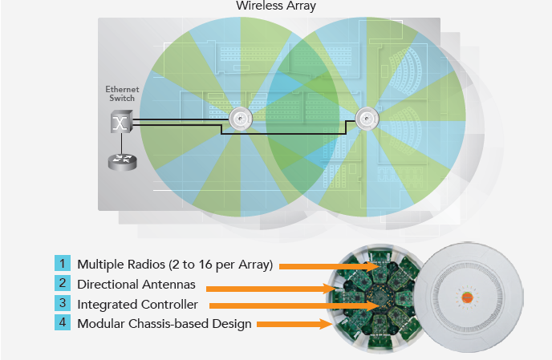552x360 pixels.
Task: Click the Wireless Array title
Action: [x=276, y=6]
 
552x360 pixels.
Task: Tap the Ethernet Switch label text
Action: [x=122, y=94]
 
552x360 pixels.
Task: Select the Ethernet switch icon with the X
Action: [x=122, y=121]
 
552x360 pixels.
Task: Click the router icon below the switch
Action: [x=122, y=162]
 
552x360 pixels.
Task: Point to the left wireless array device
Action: [x=241, y=119]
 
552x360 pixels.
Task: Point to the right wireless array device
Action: [x=367, y=119]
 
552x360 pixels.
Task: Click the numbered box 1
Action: [x=63, y=263]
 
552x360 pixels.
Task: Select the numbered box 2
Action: [x=63, y=283]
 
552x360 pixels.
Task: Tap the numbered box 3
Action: [x=63, y=303]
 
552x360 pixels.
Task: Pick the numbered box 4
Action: [x=63, y=322]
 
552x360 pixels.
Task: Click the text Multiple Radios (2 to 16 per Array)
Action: [x=175, y=265]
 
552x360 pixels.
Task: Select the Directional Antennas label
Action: [x=136, y=285]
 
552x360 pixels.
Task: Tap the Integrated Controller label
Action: [x=138, y=305]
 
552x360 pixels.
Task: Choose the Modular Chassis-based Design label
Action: [x=164, y=324]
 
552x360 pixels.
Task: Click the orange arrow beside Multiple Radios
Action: [x=329, y=266]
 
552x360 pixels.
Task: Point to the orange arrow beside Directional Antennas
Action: [x=270, y=289]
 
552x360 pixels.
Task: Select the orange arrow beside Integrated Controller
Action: [x=294, y=305]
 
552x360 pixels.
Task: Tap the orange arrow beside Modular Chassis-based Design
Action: [x=294, y=324]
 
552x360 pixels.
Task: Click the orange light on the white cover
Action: [x=467, y=297]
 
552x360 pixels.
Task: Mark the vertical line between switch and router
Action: [x=122, y=144]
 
